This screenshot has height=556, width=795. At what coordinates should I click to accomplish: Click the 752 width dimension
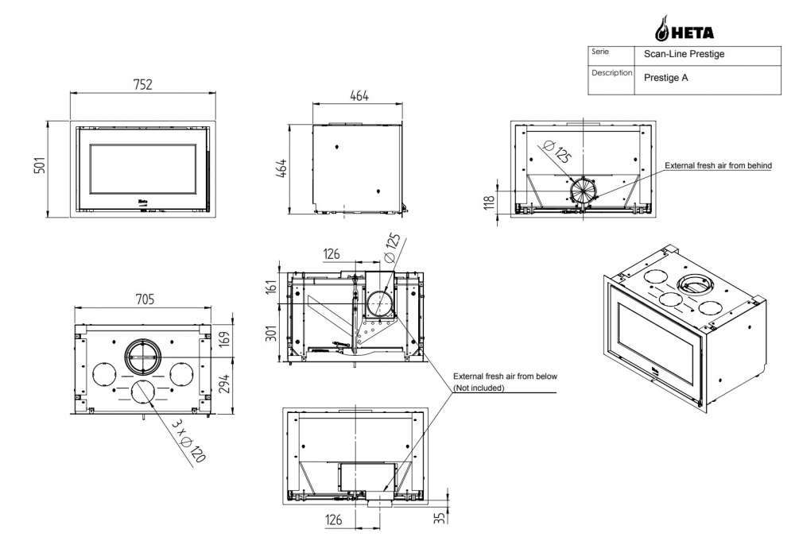click(143, 84)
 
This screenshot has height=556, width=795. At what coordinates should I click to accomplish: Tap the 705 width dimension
click(143, 299)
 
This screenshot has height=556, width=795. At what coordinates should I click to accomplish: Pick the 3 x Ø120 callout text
click(188, 440)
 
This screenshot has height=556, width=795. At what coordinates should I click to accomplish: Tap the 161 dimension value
click(271, 285)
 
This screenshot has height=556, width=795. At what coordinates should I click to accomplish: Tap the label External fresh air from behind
click(718, 165)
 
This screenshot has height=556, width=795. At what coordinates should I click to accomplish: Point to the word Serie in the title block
click(600, 52)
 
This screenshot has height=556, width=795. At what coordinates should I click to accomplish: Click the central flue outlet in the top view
click(143, 357)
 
